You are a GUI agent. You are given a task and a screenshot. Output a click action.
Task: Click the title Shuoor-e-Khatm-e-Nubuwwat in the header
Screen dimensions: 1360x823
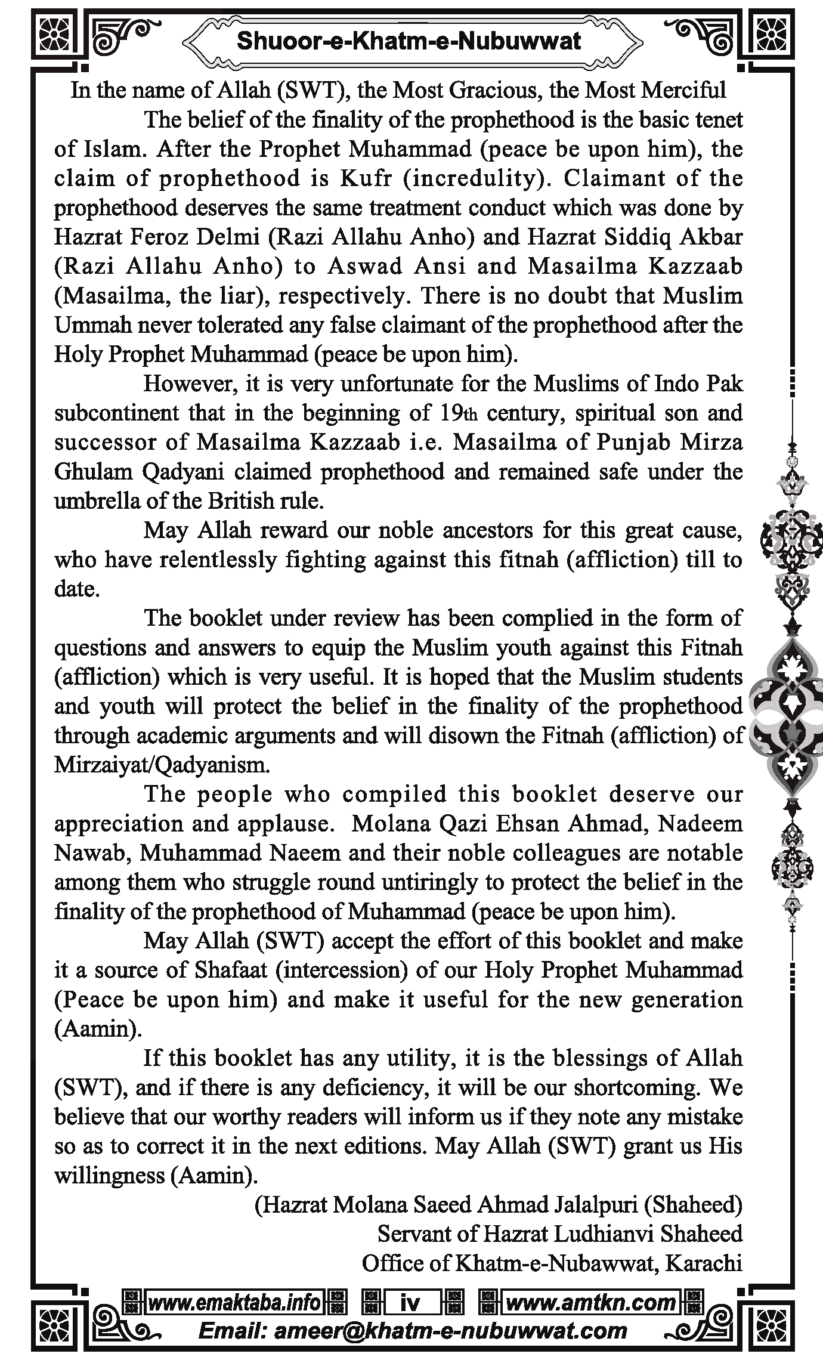(x=409, y=41)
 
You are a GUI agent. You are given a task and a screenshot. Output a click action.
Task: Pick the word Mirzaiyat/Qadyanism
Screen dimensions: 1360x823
(x=162, y=765)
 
